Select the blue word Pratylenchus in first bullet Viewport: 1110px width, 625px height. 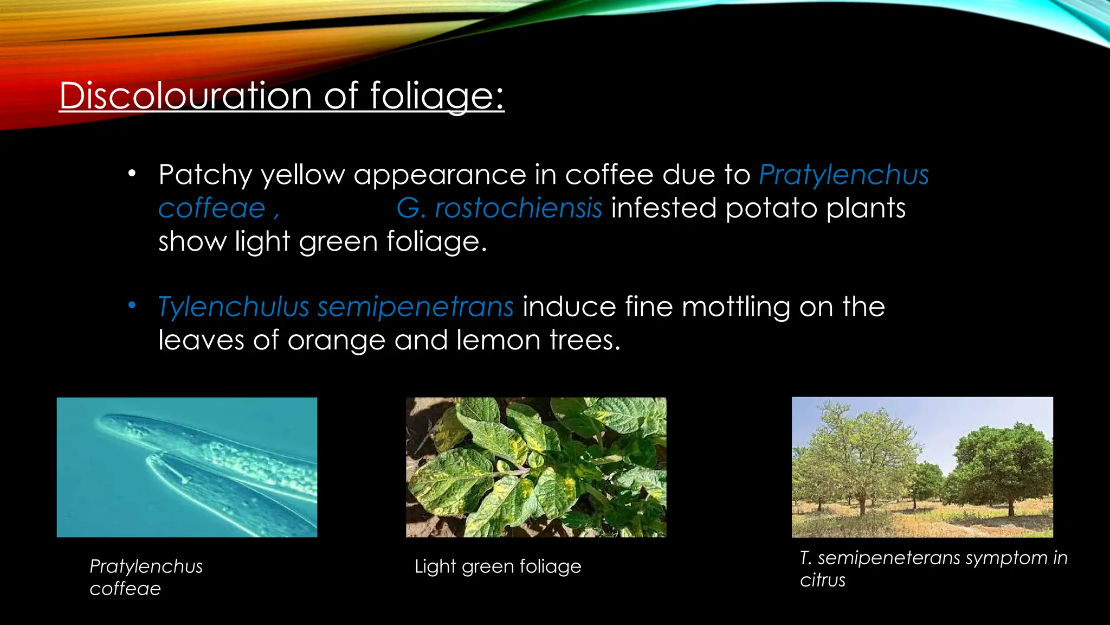point(843,175)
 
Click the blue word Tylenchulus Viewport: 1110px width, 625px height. point(233,307)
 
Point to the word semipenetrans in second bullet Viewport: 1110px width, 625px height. point(415,307)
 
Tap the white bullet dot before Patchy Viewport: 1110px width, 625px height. point(132,174)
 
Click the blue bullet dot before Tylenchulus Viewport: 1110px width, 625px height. point(132,305)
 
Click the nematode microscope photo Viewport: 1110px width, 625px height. point(187,467)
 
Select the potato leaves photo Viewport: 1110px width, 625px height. point(536,467)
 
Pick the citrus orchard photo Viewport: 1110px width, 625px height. point(922,467)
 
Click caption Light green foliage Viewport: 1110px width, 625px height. point(498,566)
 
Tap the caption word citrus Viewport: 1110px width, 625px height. point(822,581)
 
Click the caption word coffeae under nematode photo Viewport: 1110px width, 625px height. point(125,589)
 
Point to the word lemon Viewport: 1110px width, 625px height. point(498,341)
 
